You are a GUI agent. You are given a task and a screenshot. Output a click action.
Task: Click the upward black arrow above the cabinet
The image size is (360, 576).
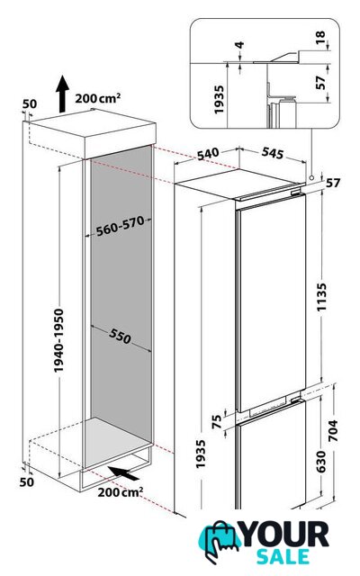(x=62, y=94)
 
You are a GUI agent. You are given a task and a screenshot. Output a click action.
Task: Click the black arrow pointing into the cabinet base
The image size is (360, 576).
(x=123, y=472)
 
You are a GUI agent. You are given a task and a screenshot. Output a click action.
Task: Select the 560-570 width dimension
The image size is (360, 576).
(x=120, y=226)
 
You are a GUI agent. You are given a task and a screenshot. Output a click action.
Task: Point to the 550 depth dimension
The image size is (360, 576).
(x=120, y=336)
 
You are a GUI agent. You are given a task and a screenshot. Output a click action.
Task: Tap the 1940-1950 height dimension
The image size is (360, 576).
(x=58, y=340)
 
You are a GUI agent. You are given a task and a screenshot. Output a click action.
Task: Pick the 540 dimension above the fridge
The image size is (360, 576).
(x=208, y=154)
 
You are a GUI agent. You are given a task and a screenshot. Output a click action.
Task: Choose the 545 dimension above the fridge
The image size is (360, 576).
(x=273, y=153)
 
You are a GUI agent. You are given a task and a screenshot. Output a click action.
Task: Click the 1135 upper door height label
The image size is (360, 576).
(x=321, y=297)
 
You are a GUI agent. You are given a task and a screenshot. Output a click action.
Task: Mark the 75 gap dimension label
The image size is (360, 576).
(x=217, y=421)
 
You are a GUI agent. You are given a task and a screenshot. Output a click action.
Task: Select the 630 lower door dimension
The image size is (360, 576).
(x=320, y=462)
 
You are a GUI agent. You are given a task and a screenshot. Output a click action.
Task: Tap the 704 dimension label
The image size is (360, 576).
(x=332, y=430)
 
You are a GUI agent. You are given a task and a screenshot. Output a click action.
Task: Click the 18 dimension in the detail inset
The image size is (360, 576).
(x=320, y=37)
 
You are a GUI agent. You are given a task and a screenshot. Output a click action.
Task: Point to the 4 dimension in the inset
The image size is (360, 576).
(x=239, y=45)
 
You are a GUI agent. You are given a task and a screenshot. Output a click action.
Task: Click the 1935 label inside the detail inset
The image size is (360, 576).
(x=219, y=100)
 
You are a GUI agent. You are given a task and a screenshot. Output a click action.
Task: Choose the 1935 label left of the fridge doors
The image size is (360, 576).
(x=200, y=454)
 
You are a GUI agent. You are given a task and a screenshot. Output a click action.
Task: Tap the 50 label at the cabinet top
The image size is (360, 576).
(x=30, y=104)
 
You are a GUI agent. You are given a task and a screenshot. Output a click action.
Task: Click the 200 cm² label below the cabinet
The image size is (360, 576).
(x=120, y=492)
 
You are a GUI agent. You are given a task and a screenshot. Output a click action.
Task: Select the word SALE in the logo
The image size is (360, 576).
(x=283, y=556)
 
